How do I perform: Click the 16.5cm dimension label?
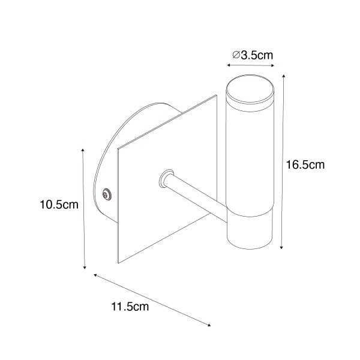pyautogui.click(x=304, y=165)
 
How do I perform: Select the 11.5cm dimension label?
pyautogui.click(x=130, y=308)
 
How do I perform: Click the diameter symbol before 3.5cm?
pyautogui.click(x=236, y=55)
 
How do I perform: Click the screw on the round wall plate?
pyautogui.click(x=107, y=194)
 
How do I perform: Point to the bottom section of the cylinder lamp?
pyautogui.click(x=250, y=231)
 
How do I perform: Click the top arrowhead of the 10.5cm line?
pyautogui.click(x=82, y=147)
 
